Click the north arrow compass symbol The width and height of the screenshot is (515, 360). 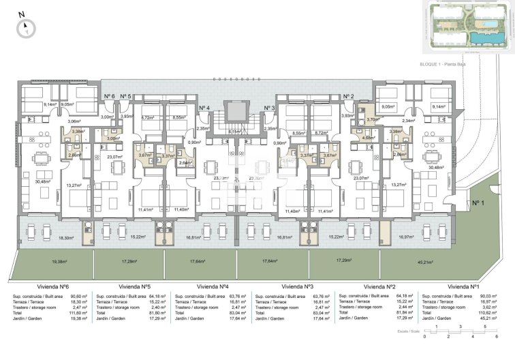coord(27,27)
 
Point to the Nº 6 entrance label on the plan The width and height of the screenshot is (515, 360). coord(109,96)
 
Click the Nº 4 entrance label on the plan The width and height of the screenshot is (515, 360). coord(204,108)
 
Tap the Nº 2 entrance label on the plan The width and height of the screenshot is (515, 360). coord(348,96)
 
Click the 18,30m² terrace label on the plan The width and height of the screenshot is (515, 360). coord(66,237)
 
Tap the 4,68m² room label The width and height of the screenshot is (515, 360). coord(368,138)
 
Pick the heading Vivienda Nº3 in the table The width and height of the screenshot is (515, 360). coord(297,286)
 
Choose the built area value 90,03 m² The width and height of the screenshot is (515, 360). coord(487,297)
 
